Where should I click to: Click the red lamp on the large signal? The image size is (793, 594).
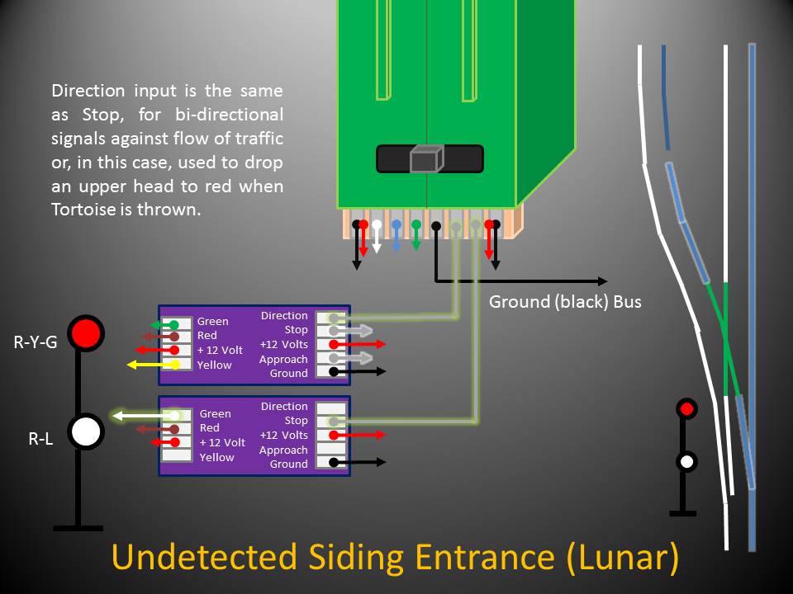point(85,333)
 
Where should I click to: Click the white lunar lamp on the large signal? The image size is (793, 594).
point(85,431)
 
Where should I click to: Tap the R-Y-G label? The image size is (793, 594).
point(36,342)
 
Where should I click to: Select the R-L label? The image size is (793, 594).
point(40,440)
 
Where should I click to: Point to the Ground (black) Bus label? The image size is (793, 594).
point(565,302)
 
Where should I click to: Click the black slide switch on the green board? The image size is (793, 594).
point(429,158)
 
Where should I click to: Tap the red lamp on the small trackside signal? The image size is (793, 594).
point(686,408)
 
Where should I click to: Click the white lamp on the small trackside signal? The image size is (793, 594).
point(686,461)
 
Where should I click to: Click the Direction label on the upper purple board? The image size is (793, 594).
point(284,316)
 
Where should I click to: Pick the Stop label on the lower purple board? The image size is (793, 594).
point(296,421)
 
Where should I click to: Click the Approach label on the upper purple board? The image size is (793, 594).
point(283,359)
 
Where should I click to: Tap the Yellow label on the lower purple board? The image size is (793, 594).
point(217,457)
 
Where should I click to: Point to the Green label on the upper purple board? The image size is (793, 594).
point(212,322)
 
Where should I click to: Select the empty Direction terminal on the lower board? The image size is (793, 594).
point(331,408)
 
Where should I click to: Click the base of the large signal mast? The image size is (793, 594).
point(78,527)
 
